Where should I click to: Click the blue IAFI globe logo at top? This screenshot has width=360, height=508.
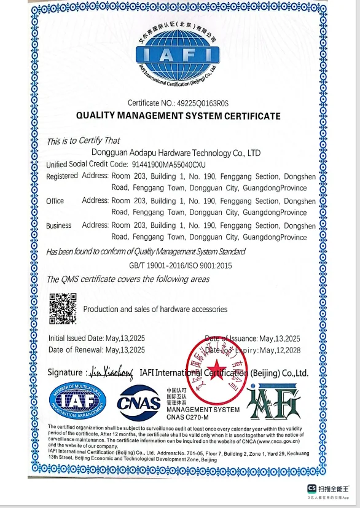click(x=177, y=55)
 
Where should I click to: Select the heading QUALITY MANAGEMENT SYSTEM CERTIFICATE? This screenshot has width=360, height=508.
click(x=178, y=115)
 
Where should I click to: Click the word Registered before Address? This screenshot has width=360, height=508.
click(x=62, y=176)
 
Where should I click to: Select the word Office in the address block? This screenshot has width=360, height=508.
click(x=55, y=201)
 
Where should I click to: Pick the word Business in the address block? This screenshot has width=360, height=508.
click(x=58, y=225)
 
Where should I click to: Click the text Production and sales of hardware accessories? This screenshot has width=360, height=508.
click(x=155, y=309)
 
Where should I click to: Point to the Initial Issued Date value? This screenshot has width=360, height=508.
click(x=125, y=338)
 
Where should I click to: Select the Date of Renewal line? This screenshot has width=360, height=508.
click(x=96, y=350)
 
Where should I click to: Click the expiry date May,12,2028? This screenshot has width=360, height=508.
click(x=281, y=350)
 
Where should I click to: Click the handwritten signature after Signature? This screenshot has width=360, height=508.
click(x=111, y=372)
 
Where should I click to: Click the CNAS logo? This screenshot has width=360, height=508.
click(x=139, y=403)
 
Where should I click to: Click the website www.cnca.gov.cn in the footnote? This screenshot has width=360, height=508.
click(x=278, y=441)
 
